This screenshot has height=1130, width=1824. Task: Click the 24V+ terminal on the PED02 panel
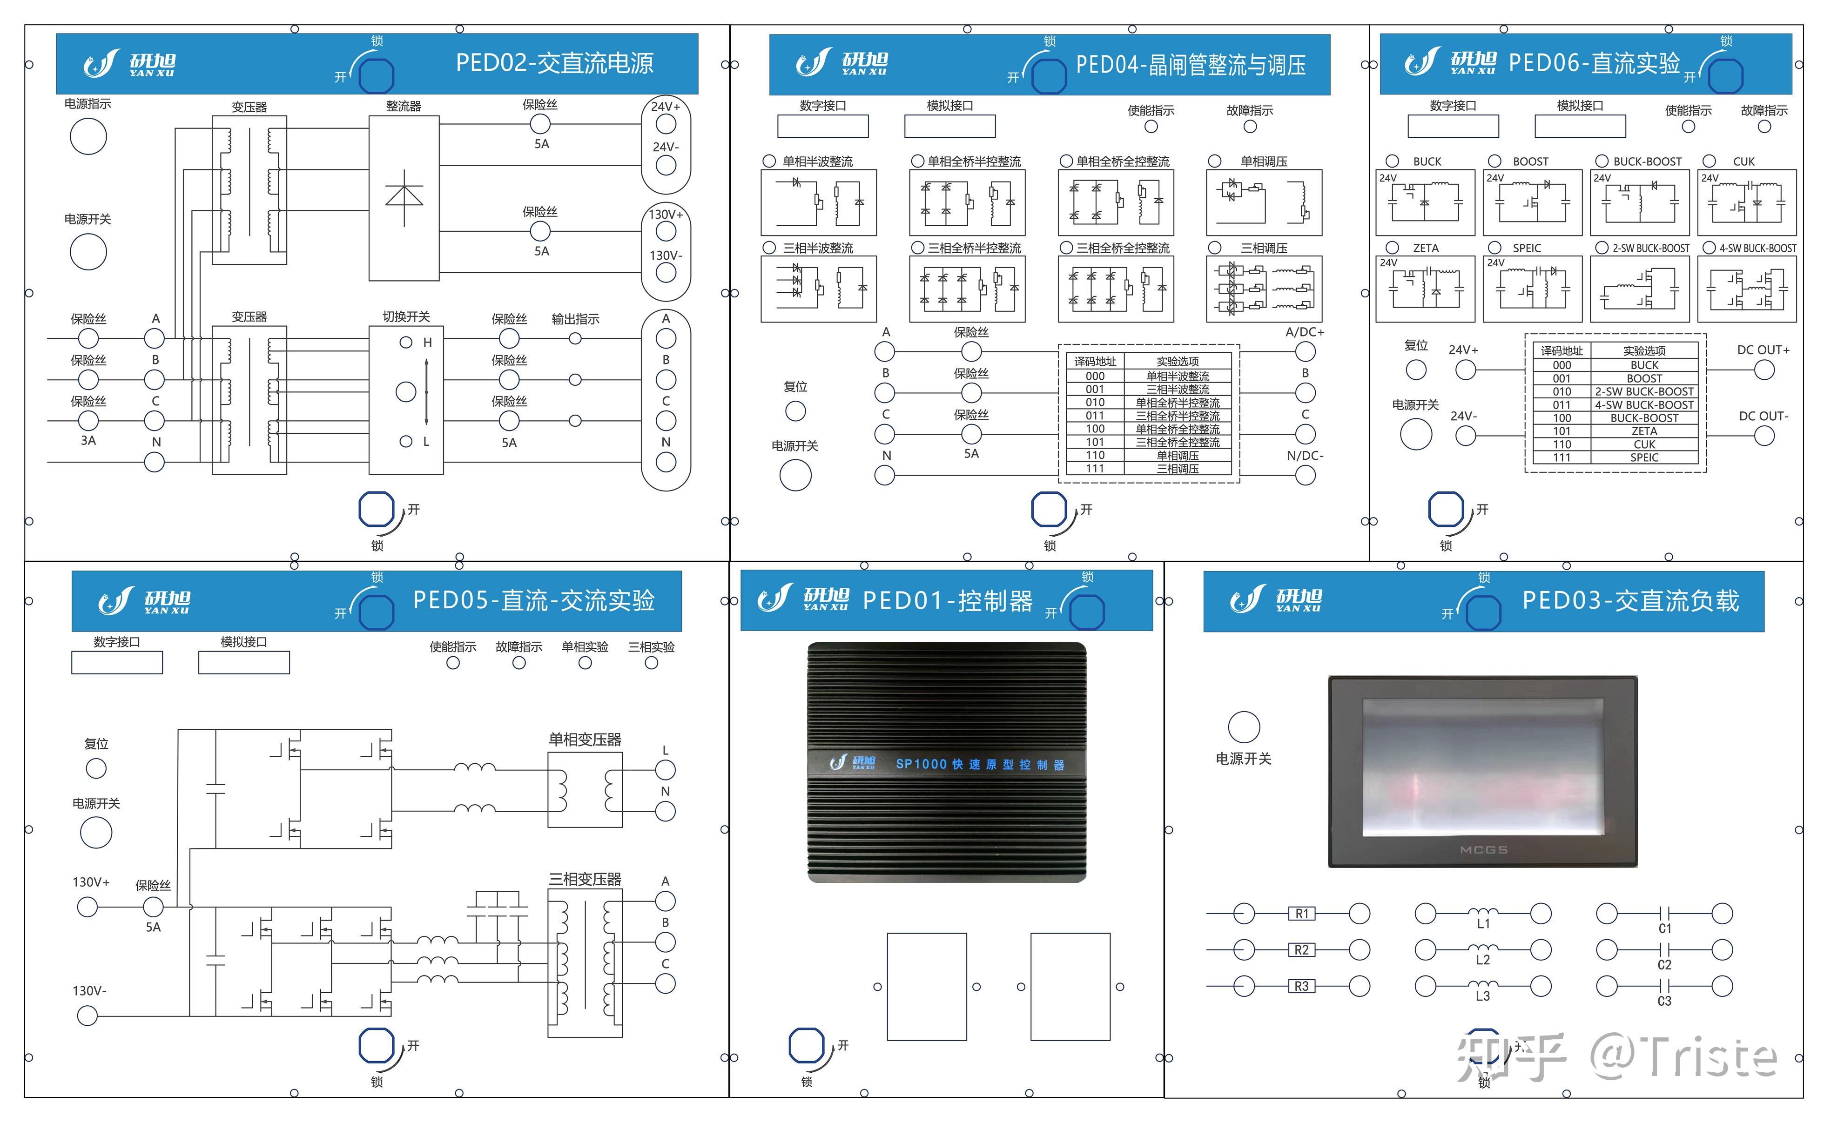[x=665, y=124]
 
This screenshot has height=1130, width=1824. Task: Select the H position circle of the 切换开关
[x=406, y=342]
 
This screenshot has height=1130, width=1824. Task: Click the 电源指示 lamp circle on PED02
[x=88, y=137]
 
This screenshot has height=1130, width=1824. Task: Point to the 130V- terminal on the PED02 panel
[x=665, y=273]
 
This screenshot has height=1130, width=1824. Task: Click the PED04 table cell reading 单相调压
[x=1177, y=455]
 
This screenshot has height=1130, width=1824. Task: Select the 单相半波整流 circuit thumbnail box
[x=818, y=202]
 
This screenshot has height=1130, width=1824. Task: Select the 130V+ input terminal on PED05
[x=87, y=907]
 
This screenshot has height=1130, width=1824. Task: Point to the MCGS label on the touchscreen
[x=1483, y=850]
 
